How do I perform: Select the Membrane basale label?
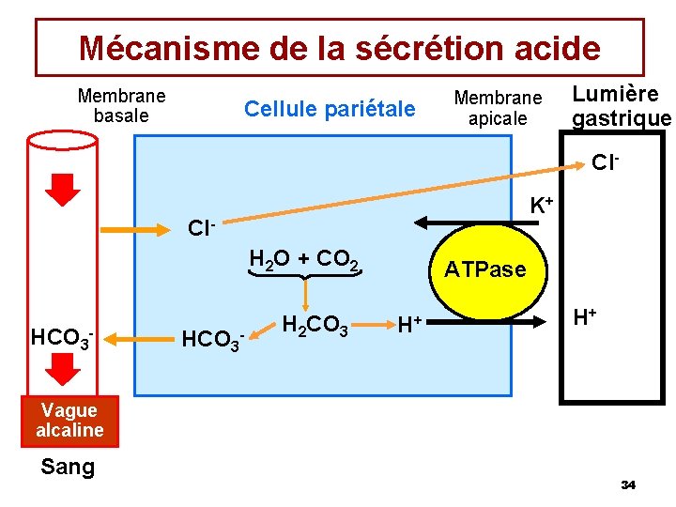121,106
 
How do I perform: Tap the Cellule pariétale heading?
329,109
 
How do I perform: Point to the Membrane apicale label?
498,108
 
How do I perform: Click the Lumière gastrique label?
621,106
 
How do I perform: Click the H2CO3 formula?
315,326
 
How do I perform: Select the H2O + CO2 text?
303,259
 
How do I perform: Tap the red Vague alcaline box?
69,421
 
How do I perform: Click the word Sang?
68,467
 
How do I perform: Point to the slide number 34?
628,484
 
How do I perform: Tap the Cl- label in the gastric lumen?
606,163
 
